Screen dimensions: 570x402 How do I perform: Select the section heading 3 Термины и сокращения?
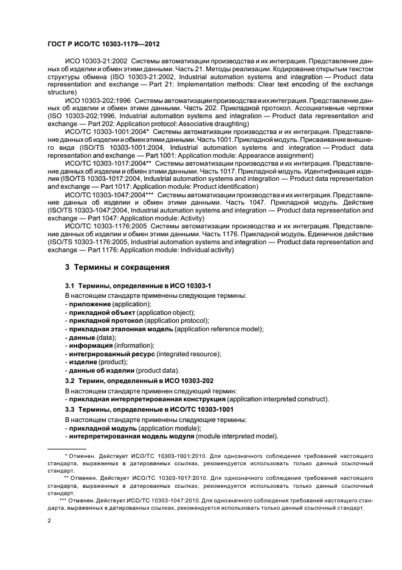(116, 267)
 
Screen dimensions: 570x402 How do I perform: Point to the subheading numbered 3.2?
(139, 381)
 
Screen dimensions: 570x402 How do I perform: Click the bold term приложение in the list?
(89, 304)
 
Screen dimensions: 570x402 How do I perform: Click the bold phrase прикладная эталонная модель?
(121, 329)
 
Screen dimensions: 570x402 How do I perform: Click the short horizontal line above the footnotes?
(66, 448)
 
